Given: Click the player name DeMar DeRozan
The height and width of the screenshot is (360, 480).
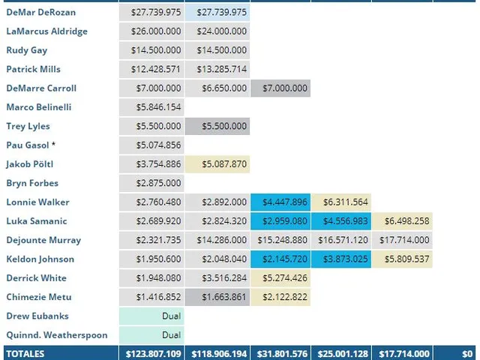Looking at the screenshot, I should pos(40,13).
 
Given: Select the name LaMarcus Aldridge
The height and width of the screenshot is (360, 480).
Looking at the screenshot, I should pos(46,31).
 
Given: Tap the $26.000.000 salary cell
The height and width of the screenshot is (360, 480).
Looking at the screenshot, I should pos(151,31).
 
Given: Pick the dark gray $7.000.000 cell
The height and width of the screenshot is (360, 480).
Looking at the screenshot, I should pos(281,88).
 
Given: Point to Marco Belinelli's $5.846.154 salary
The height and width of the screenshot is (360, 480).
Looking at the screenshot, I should pos(151,107).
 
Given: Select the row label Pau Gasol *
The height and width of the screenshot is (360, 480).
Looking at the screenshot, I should pos(31,145).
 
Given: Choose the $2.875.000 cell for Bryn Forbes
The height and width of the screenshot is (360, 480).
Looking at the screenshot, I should pos(151,183).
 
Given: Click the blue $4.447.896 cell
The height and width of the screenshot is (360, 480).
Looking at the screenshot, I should pos(281,202).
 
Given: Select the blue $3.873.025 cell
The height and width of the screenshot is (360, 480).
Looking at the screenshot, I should pos(342,259).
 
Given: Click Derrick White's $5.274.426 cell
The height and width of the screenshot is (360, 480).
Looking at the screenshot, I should pos(281,278).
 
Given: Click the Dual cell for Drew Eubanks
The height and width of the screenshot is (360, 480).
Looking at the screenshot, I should pos(151,316).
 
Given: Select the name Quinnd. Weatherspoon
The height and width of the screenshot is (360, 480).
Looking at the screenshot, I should pos(56,335).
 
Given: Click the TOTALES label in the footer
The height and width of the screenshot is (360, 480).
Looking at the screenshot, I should pos(25,353).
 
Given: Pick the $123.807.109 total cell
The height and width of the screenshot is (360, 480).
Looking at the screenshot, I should pos(151,353).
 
